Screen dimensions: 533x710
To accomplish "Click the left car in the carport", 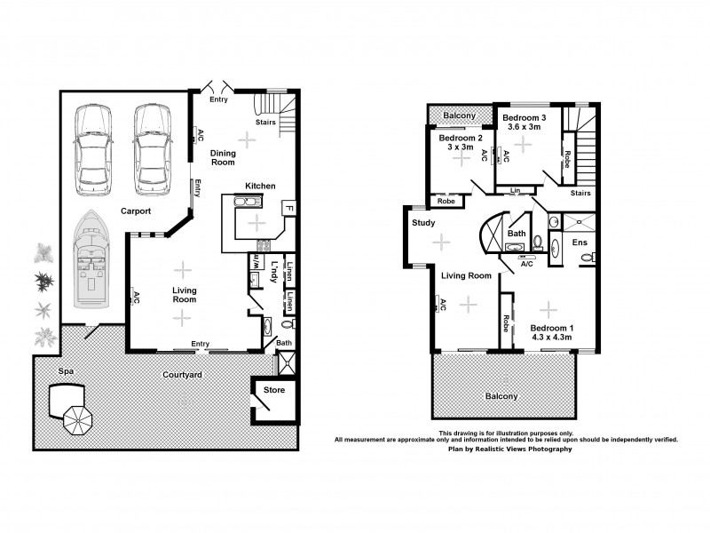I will [94, 149].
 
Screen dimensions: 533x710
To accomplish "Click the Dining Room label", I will [223, 157].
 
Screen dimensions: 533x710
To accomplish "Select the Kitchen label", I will [260, 186].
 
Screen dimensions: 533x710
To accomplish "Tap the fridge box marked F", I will [288, 208].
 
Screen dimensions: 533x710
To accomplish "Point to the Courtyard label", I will [182, 375].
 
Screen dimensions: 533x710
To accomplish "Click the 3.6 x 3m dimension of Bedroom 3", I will [524, 127].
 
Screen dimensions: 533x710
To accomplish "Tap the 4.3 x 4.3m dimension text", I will [551, 338].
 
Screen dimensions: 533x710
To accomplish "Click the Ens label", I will [580, 242].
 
